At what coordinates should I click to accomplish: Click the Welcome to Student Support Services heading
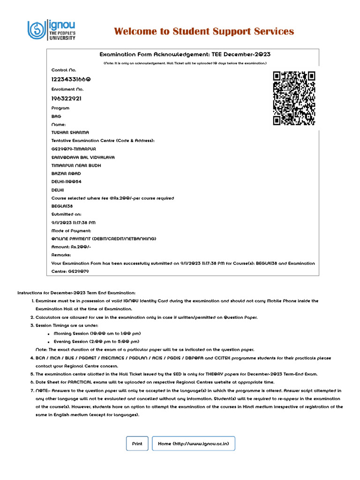pyautogui.click(x=204, y=31)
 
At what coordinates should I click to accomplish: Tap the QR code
pyautogui.click(x=294, y=98)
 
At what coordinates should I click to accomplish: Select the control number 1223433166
pyautogui.click(x=71, y=79)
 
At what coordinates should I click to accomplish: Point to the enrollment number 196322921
pyautogui.click(x=66, y=98)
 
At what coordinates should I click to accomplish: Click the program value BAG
pyautogui.click(x=56, y=116)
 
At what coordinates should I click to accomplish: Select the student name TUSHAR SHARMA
pyautogui.click(x=70, y=132)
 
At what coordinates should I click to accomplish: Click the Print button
pyautogui.click(x=137, y=443)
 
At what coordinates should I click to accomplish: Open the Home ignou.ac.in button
pyautogui.click(x=193, y=443)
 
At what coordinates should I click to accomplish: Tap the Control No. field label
pyautogui.click(x=63, y=70)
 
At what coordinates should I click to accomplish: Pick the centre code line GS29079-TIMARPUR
pyautogui.click(x=74, y=149)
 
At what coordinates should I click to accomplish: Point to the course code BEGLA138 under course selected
pyautogui.click(x=62, y=206)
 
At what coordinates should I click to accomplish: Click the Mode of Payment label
pyautogui.click(x=71, y=231)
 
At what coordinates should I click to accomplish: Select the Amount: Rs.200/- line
pyautogui.click(x=71, y=247)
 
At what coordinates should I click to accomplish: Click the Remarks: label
pyautogui.click(x=61, y=255)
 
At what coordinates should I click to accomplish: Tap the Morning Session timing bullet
pyautogui.click(x=97, y=333)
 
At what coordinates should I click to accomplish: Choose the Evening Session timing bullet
pyautogui.click(x=96, y=341)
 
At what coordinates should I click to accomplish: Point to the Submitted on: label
pyautogui.click(x=66, y=214)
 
